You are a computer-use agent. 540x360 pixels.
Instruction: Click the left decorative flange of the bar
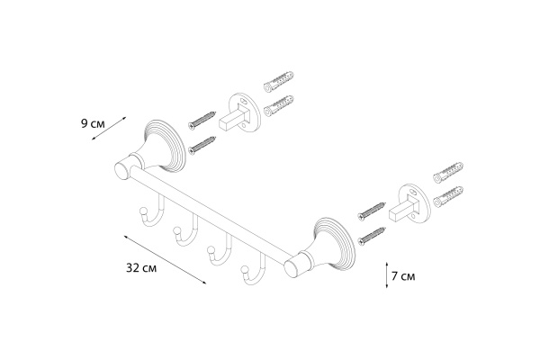162,147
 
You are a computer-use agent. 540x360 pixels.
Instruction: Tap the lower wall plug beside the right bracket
448,197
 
